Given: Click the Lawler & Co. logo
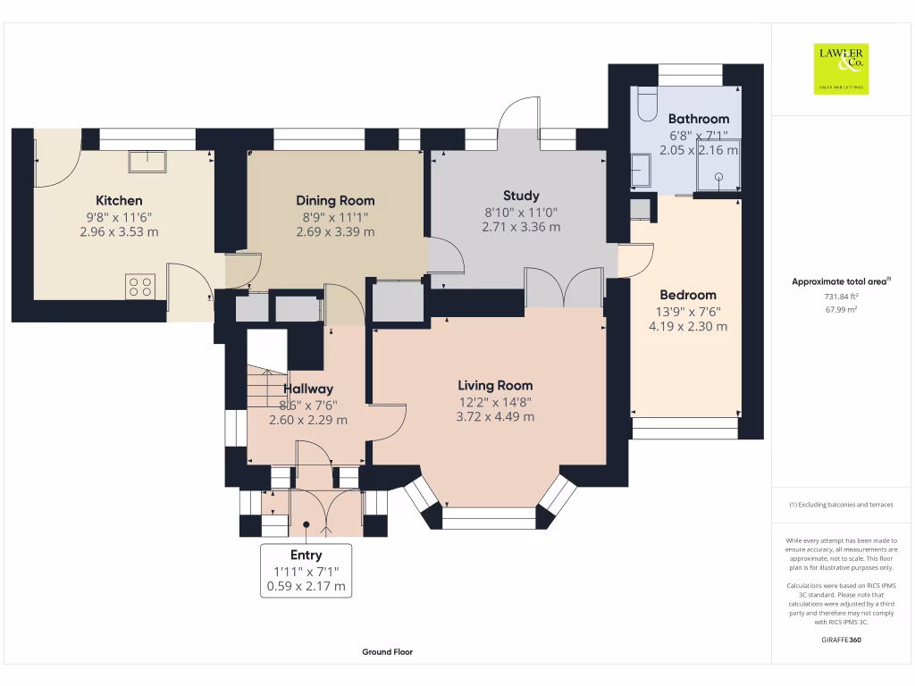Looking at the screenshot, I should click(840, 69).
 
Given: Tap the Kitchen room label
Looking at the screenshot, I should click(119, 200).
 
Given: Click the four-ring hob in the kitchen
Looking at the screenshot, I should click(139, 287).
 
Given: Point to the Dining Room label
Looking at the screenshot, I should click(335, 200).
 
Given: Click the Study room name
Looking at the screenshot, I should click(521, 195).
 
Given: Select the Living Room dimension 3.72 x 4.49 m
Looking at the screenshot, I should click(495, 416).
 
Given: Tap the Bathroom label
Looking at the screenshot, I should click(698, 118).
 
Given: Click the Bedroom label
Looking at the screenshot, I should click(687, 295).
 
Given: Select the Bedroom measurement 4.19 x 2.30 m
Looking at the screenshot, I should click(687, 326).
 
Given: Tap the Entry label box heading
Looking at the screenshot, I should click(306, 555).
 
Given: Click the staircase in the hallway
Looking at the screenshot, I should click(265, 386).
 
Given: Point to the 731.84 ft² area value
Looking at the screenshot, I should click(840, 296).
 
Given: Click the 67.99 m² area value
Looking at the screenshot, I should click(840, 309).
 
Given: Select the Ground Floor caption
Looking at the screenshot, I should click(387, 652).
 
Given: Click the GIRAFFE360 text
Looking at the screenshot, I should click(840, 640).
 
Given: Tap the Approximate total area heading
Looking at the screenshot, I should click(840, 281).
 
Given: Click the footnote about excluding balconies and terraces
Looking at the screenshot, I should click(840, 505).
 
